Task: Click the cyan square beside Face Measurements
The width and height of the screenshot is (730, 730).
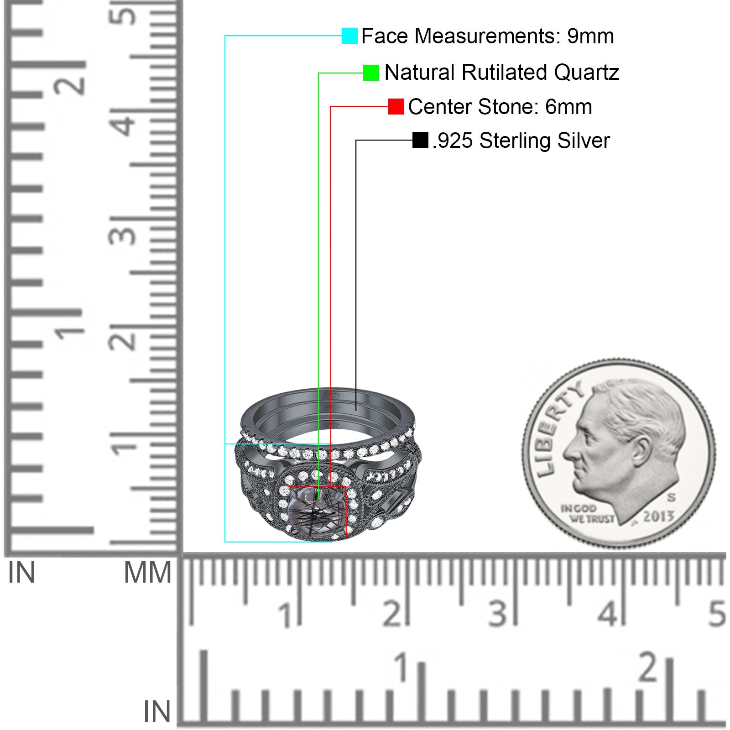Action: pos(349,36)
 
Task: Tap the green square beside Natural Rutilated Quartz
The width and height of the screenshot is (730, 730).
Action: pos(371,73)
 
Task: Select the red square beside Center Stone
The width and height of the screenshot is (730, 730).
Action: pos(396,106)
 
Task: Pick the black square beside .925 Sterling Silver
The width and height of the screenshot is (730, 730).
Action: pos(420,140)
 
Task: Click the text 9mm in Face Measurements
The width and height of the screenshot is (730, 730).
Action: pos(591,36)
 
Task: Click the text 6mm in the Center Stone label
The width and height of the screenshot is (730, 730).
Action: pos(569,107)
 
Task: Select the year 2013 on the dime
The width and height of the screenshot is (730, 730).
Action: pos(658,516)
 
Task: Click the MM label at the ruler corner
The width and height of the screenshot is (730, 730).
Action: pos(148,573)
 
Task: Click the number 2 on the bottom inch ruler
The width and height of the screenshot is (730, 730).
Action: pos(649,667)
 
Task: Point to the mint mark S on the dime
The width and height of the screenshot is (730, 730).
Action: pos(671,497)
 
